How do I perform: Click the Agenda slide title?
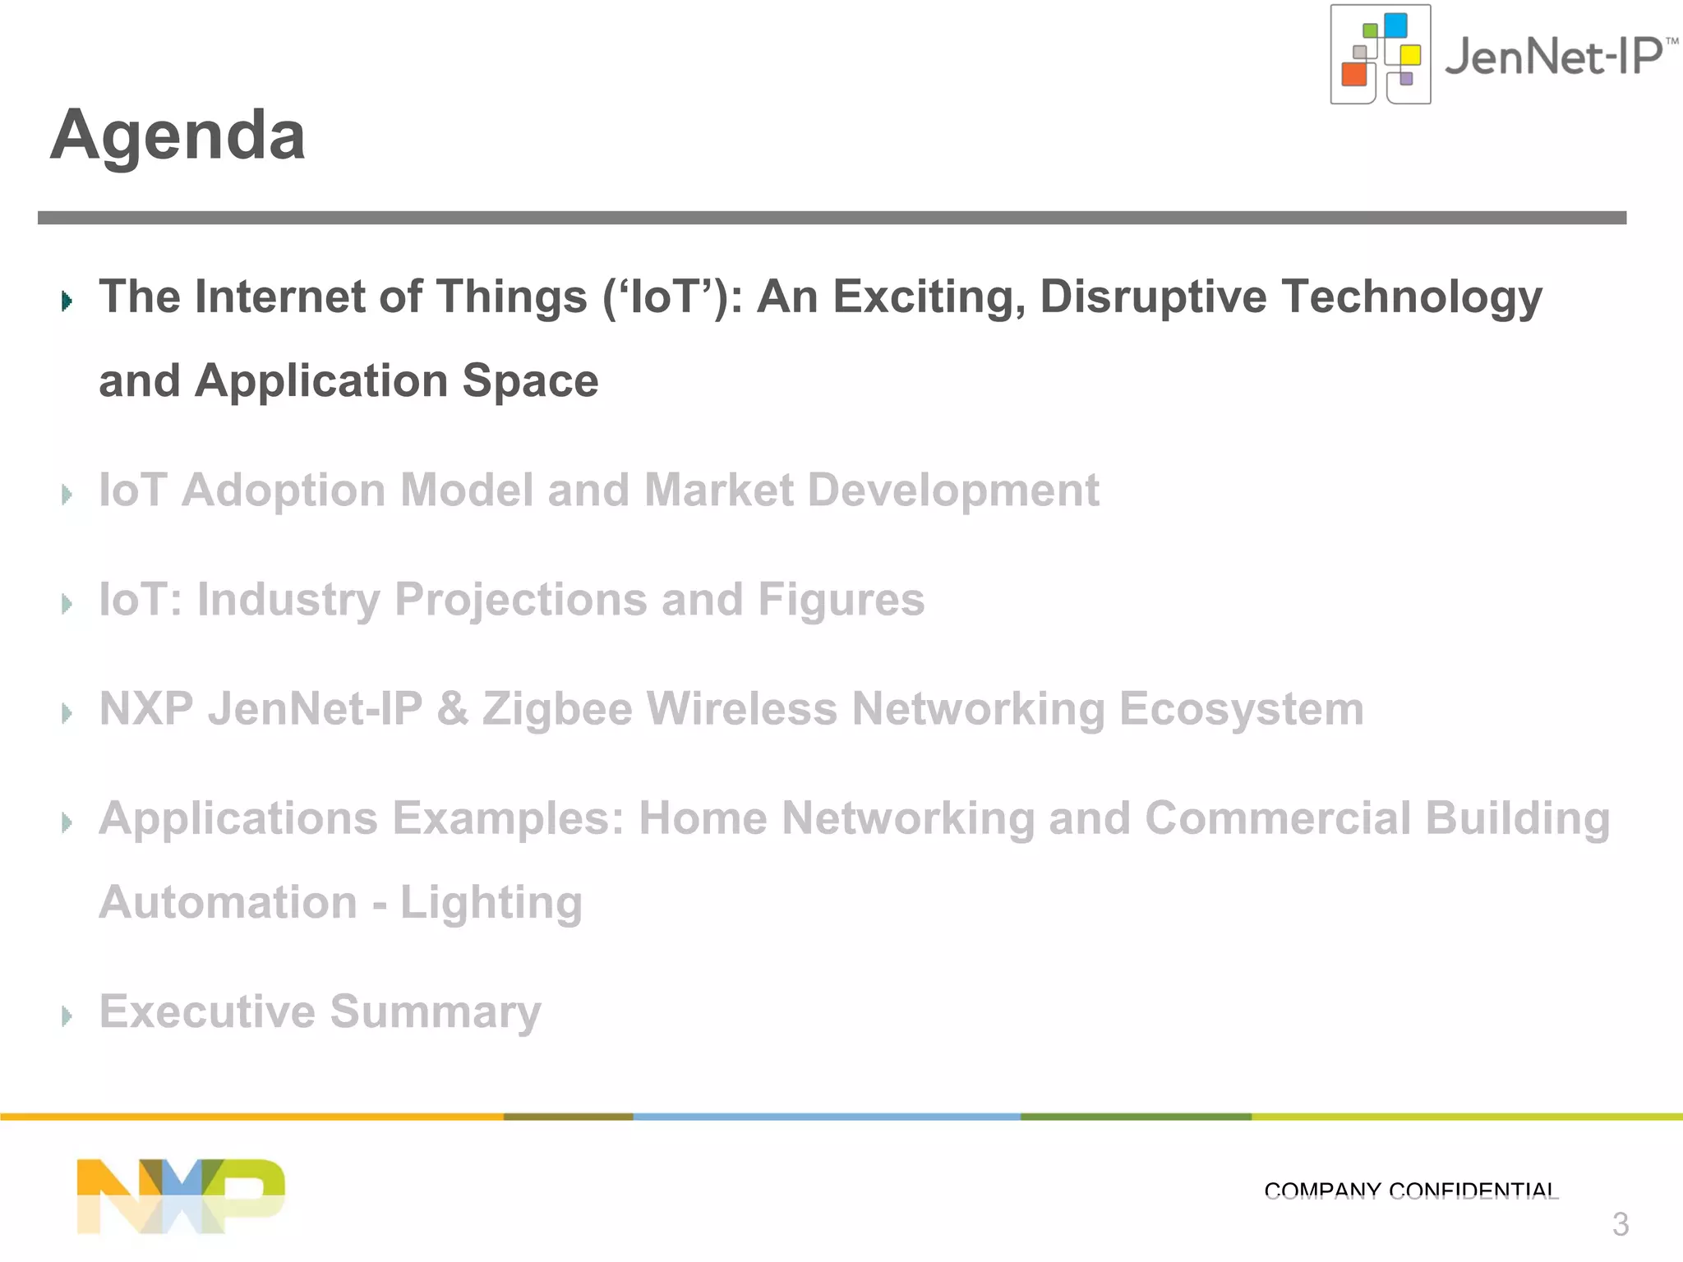point(178,136)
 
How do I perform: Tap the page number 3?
point(1620,1224)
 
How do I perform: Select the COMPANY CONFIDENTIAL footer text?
point(1410,1191)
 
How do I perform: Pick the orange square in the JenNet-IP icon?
point(1353,74)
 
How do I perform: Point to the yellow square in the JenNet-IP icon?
point(1410,55)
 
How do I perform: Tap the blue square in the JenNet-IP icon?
point(1395,25)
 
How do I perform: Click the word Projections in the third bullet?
point(520,600)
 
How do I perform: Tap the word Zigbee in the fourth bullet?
point(556,709)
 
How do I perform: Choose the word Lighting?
point(491,903)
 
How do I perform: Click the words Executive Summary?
point(320,1011)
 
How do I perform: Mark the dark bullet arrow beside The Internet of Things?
point(67,301)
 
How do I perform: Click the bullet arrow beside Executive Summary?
point(67,1016)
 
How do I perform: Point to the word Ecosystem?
point(1241,709)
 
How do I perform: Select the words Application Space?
point(396,381)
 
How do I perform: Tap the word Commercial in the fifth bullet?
point(1277,818)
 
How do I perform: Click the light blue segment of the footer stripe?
point(826,1117)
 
